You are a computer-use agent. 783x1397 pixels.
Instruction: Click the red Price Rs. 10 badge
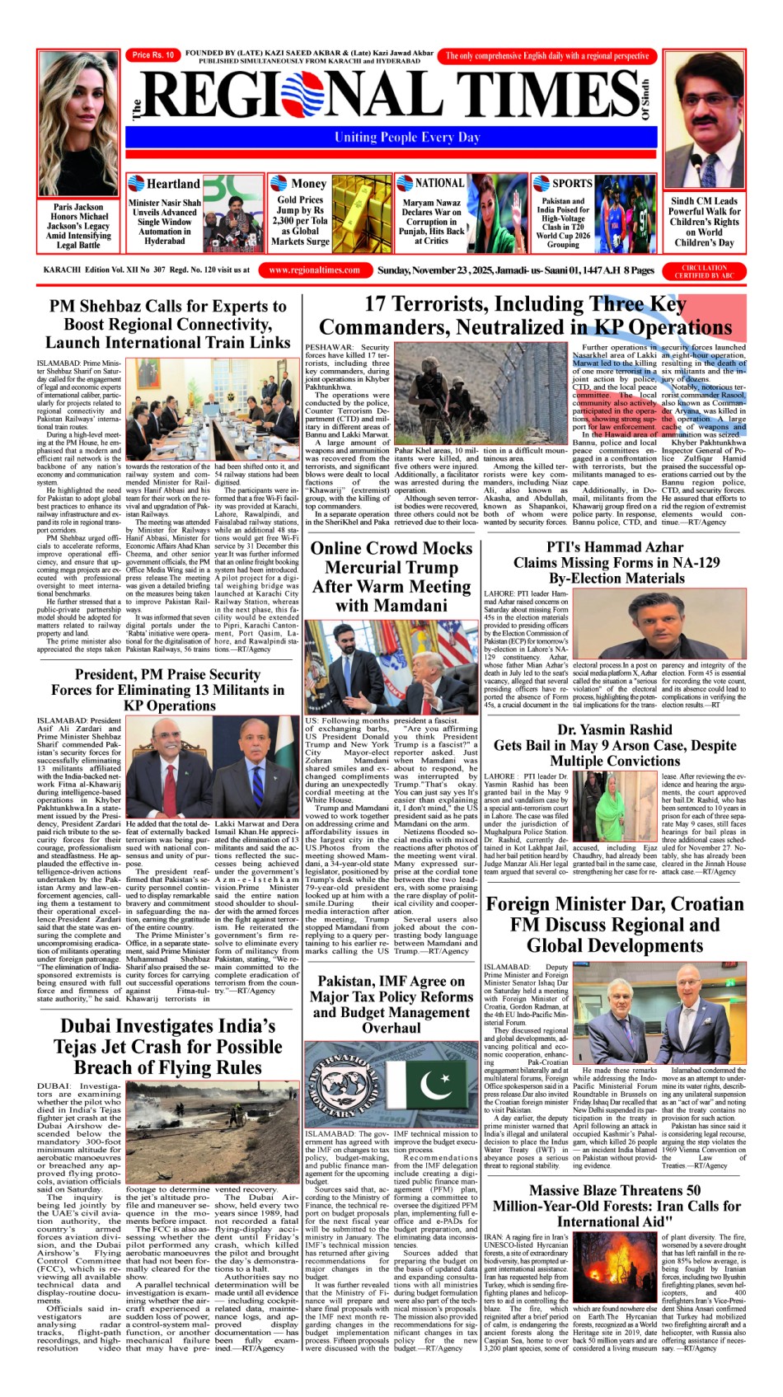pyautogui.click(x=152, y=55)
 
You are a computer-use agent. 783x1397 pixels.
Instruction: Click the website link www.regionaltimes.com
pyautogui.click(x=315, y=270)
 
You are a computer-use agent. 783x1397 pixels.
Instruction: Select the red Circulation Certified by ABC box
pyautogui.click(x=705, y=271)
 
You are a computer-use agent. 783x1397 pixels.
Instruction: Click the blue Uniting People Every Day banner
pyautogui.click(x=406, y=138)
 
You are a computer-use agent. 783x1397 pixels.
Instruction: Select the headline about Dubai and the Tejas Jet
pyautogui.click(x=167, y=1046)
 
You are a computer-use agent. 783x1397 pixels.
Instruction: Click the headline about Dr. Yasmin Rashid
pyautogui.click(x=614, y=745)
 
